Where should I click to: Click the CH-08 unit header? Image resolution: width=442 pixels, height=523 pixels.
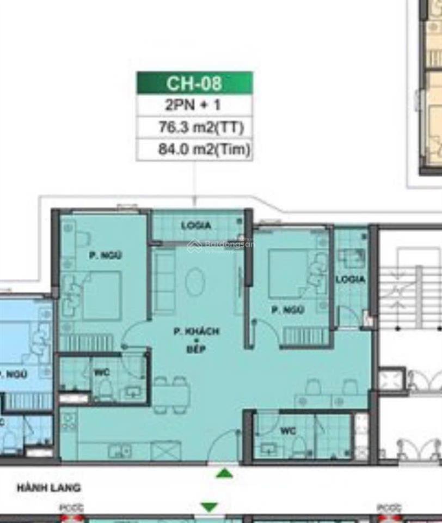[194, 83]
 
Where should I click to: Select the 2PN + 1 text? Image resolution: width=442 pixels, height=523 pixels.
[194, 105]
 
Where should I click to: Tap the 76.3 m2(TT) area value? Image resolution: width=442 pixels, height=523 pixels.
[194, 128]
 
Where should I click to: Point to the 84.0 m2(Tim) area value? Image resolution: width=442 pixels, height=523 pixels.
[194, 150]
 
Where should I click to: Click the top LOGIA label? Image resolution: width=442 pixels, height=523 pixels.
[196, 226]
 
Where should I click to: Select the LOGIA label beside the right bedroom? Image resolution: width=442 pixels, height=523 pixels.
[350, 279]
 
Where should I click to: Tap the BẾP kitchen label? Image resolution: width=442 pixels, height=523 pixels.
[197, 349]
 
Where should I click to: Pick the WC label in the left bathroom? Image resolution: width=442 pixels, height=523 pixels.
[101, 373]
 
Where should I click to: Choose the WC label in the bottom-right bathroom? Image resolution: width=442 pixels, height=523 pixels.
[288, 431]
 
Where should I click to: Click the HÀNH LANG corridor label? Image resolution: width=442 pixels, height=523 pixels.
[49, 488]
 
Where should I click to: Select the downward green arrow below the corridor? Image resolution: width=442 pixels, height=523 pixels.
[209, 507]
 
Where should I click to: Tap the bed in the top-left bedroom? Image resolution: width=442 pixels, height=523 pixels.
[101, 295]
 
